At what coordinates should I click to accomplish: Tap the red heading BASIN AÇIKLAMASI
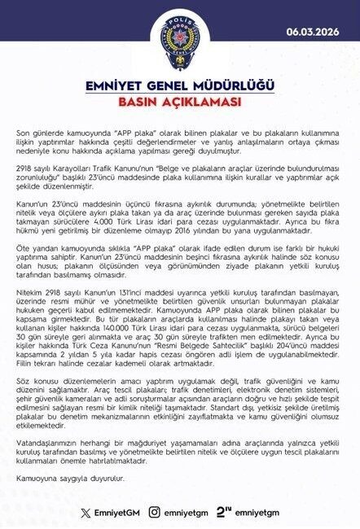[x=180, y=103]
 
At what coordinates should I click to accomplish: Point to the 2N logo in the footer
[x=225, y=513]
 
